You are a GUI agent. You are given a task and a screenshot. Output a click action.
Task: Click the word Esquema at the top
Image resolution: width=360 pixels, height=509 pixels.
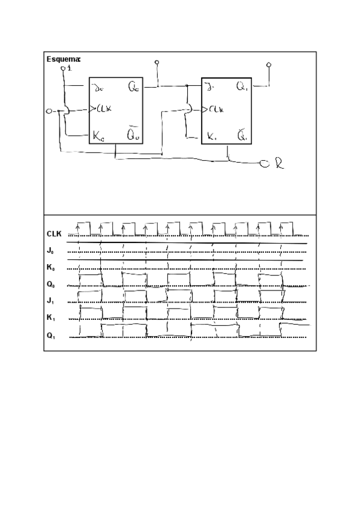(64, 59)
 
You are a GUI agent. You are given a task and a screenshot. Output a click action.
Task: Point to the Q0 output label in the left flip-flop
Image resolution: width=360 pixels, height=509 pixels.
(134, 88)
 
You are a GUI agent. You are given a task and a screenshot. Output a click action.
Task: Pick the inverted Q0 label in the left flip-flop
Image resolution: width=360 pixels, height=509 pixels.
(134, 134)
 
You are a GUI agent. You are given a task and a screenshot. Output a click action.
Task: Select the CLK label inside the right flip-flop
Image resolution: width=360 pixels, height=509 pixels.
(217, 110)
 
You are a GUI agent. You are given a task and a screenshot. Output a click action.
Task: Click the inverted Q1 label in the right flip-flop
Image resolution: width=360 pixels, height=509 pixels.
(242, 135)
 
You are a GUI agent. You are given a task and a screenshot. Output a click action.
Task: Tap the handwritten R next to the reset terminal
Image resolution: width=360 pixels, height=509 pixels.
(278, 164)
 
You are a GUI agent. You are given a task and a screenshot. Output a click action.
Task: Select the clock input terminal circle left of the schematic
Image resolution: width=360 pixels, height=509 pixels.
(50, 112)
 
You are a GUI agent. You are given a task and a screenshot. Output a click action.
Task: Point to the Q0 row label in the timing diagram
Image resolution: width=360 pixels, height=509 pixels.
(51, 283)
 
